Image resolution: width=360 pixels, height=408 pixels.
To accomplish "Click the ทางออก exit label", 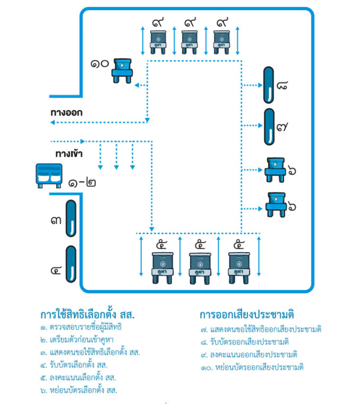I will [66, 112].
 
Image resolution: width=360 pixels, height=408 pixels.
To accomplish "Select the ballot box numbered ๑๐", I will [121, 70].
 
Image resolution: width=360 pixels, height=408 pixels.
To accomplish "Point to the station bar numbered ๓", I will [71, 219].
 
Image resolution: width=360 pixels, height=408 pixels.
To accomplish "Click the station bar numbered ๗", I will [268, 127].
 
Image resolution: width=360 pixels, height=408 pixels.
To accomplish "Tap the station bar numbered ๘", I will [268, 85].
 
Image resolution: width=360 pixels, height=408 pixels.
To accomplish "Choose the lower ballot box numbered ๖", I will [276, 204].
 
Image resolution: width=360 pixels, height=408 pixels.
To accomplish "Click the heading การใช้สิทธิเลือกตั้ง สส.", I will [88, 313].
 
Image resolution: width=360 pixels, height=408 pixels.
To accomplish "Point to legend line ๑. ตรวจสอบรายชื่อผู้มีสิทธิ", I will [81, 327].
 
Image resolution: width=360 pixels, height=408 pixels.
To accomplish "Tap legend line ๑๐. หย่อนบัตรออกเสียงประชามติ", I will [252, 367].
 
